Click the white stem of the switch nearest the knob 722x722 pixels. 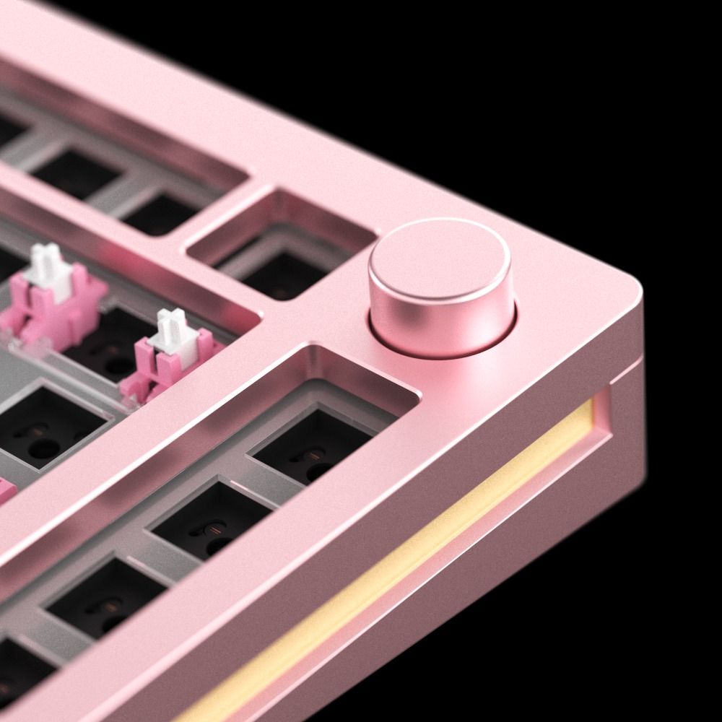coord(173,329)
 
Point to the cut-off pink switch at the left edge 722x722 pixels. coord(6,491)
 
